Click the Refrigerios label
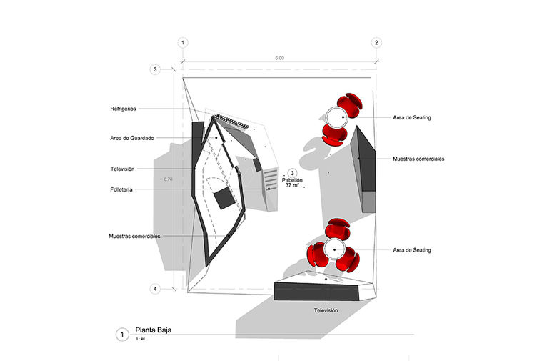click(123, 109)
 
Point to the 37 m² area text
click(291, 186)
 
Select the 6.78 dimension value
click(169, 179)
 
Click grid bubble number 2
click(377, 43)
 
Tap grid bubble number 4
click(154, 289)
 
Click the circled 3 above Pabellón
click(291, 173)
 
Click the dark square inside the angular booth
click(224, 199)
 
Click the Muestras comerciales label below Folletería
click(134, 235)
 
